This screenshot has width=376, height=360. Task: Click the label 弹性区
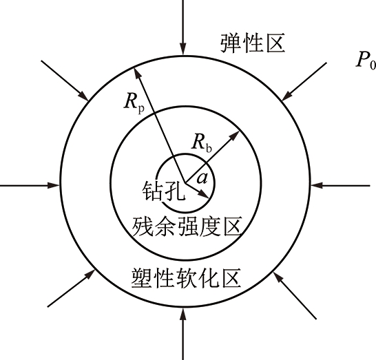pos(253,43)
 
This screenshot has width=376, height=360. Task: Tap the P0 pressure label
pos(366,61)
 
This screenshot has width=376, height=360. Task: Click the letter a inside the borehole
pos(202,178)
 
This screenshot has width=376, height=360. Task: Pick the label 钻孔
pos(164,191)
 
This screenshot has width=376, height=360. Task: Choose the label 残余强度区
pos(187,226)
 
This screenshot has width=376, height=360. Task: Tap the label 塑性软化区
pos(186,278)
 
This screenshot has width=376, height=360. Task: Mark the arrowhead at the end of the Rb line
pos(235,136)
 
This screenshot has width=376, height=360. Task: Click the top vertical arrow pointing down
pos(183,28)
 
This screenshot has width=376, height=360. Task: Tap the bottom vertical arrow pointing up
pos(183,334)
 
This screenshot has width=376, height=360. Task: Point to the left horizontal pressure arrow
pos(30,185)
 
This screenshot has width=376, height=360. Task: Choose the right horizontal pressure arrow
pos(340,185)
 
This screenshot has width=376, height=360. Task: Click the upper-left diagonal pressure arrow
pos(65,81)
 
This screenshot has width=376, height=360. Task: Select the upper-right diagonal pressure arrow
pos(304,81)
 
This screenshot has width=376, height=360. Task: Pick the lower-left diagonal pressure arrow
pos(71,288)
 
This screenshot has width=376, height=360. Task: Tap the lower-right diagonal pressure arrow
pos(295,295)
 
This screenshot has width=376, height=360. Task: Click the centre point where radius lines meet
pos(185,182)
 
